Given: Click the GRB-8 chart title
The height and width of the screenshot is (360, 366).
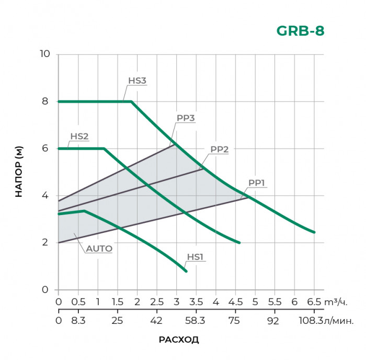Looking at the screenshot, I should click(300, 31).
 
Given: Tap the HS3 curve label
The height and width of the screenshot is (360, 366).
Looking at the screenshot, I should click(137, 81).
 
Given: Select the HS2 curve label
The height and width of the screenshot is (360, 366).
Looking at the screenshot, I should click(79, 137).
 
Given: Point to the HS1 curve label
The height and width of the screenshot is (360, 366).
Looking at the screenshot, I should click(195, 257).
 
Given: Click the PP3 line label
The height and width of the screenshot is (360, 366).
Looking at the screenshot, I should click(186, 118).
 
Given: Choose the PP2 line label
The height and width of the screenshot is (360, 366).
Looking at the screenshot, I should click(220, 149).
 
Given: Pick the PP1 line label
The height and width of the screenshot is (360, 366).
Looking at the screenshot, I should click(257, 183).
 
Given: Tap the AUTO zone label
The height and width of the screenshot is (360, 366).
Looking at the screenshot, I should click(99, 249).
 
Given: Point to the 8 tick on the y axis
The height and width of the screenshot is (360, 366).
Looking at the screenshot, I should click(45, 101).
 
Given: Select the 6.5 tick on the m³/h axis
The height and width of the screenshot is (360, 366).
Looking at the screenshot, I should click(314, 302).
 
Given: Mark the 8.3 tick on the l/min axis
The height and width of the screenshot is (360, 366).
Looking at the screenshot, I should click(78, 320).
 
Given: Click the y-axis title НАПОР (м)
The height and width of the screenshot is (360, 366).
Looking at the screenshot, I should click(19, 172).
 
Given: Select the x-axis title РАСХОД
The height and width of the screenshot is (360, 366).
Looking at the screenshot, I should click(179, 340).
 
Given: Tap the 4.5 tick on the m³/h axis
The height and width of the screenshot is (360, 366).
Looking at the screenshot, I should click(235, 302).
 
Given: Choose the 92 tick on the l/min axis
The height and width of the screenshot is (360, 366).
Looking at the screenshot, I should click(273, 320).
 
